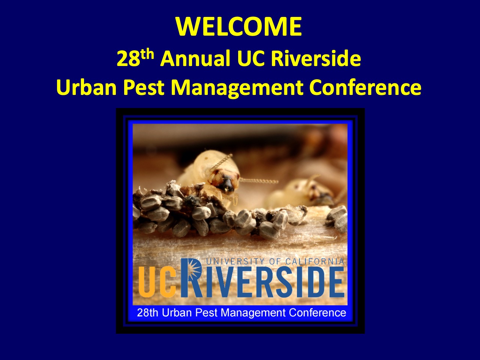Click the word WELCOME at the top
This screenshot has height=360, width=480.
(239, 26)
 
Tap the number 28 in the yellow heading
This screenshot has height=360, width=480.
(128, 58)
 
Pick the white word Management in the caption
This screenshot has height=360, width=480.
(253, 313)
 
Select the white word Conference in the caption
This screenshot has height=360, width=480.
(318, 313)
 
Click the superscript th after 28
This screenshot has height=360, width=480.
(147, 54)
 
